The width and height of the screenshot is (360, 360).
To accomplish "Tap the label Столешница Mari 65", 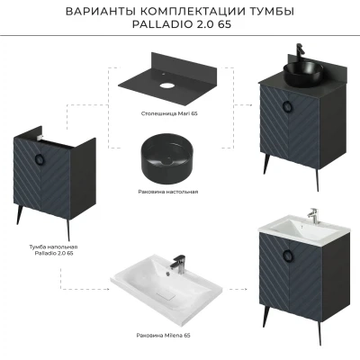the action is tap(169, 113).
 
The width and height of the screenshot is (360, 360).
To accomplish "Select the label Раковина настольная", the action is tap(168, 192).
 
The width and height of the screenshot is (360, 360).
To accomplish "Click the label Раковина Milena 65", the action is tap(163, 336).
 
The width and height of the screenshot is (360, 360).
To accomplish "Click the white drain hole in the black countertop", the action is tap(166, 85).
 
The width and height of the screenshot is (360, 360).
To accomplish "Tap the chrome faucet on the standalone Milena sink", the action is tap(178, 265).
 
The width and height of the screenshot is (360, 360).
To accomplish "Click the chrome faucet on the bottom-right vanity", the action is tap(313, 216).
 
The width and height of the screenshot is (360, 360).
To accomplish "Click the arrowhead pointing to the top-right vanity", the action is tap(249, 105).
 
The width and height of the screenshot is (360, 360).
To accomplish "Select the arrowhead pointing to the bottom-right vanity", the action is tap(245, 289).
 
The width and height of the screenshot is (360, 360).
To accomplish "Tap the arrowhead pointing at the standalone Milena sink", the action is tap(107, 289).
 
